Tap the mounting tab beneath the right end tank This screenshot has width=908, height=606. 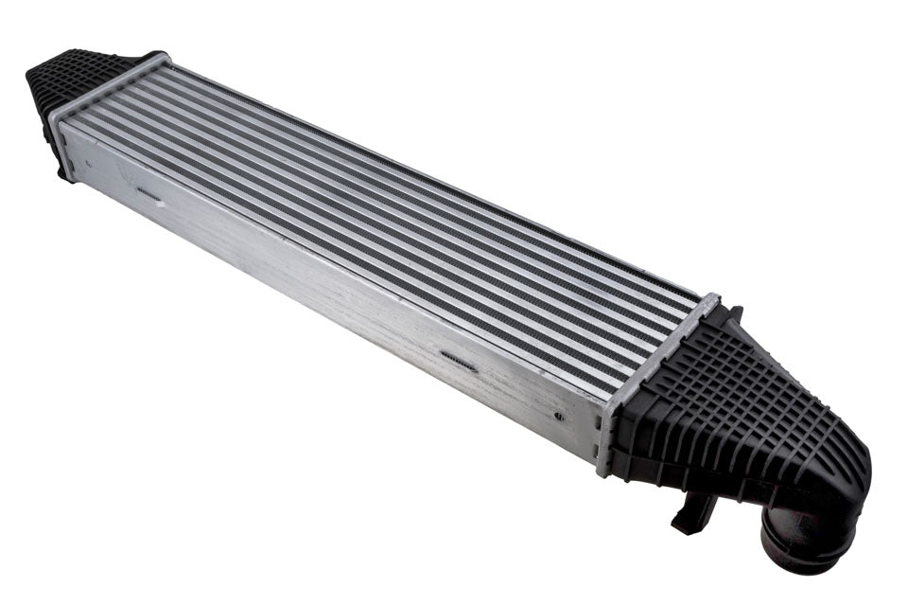pos(690,511)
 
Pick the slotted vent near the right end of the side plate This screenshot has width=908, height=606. pos(460,360)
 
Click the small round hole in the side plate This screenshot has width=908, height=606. pos(559,416)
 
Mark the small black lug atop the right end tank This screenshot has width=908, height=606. pos(734,313)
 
